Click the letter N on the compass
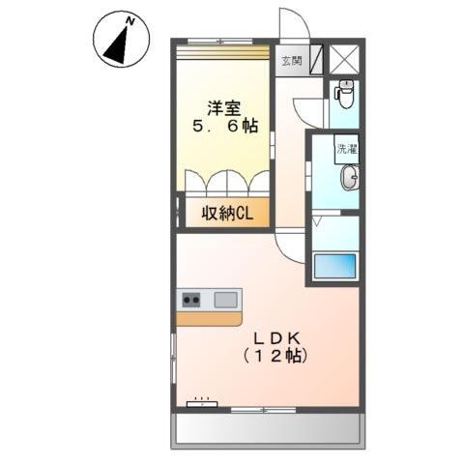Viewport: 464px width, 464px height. [x=130, y=21]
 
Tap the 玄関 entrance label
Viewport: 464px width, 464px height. [x=292, y=61]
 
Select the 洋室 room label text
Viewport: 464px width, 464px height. [x=224, y=108]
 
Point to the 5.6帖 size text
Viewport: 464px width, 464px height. [x=225, y=126]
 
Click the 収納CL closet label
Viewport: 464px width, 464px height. [x=227, y=213]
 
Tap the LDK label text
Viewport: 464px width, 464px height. [x=277, y=338]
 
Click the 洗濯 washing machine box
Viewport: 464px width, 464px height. [x=346, y=149]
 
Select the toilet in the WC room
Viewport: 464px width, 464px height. [x=345, y=94]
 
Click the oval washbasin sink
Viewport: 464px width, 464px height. [x=350, y=178]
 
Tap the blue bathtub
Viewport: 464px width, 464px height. [x=335, y=266]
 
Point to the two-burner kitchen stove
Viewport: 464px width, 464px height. [x=191, y=300]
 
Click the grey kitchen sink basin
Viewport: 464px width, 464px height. [x=226, y=300]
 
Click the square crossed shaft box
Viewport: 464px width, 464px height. [x=345, y=60]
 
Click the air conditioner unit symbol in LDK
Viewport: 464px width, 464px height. [x=202, y=404]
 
